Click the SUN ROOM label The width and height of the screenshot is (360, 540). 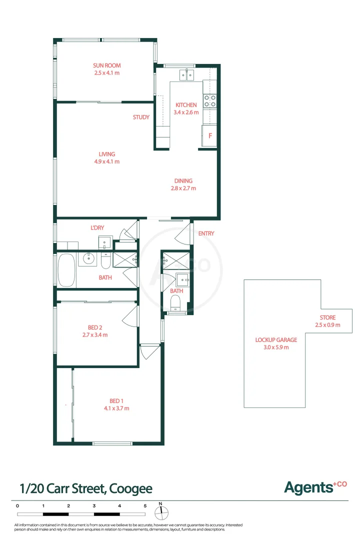click(x=107, y=65)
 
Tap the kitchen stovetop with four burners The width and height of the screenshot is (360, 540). click(x=210, y=101)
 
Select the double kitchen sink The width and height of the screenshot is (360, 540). click(x=186, y=75)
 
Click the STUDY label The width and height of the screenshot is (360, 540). click(x=141, y=117)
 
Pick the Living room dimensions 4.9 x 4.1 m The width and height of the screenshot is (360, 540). click(x=107, y=161)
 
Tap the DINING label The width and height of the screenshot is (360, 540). click(x=183, y=181)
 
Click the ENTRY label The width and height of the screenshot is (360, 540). click(x=206, y=233)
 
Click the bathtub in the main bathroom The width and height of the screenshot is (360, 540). click(x=66, y=270)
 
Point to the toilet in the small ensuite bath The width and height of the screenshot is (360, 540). click(x=175, y=303)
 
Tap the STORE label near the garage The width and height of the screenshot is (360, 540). click(x=327, y=317)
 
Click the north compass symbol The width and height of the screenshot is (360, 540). click(x=160, y=512)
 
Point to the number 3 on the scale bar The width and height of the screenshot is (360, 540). click(x=94, y=506)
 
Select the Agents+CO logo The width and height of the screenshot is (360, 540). click(x=315, y=486)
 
